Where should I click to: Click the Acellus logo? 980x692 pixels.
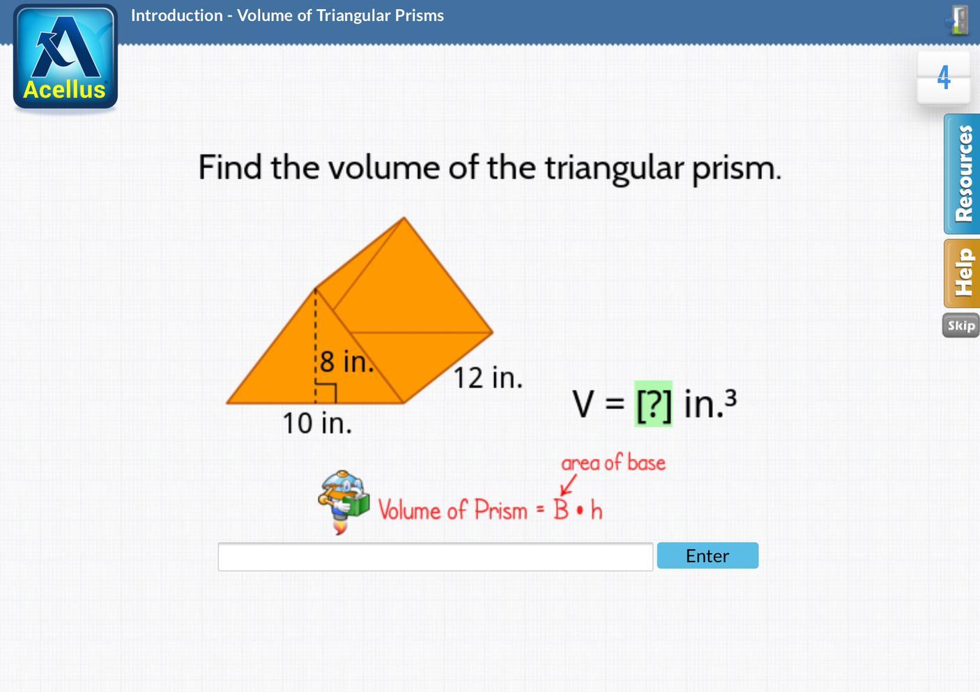pyautogui.click(x=66, y=57)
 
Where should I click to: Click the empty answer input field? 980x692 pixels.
pyautogui.click(x=436, y=556)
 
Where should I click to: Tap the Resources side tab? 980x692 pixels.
pyautogui.click(x=962, y=174)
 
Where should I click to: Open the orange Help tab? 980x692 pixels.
pyautogui.click(x=962, y=273)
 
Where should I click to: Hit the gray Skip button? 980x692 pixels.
pyautogui.click(x=961, y=325)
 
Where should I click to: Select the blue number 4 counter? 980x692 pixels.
pyautogui.click(x=944, y=77)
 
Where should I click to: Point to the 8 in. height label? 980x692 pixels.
pyautogui.click(x=347, y=361)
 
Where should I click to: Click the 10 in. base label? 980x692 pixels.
pyautogui.click(x=317, y=423)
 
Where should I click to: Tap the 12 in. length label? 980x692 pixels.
pyautogui.click(x=488, y=377)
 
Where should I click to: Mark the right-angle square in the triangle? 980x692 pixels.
pyautogui.click(x=326, y=393)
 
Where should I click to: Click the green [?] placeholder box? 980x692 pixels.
pyautogui.click(x=653, y=403)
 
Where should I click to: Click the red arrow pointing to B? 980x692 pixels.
pyautogui.click(x=568, y=486)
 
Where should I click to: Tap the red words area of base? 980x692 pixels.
pyautogui.click(x=613, y=463)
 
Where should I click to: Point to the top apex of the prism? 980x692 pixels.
pyautogui.click(x=404, y=217)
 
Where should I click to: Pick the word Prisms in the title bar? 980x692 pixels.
pyautogui.click(x=419, y=15)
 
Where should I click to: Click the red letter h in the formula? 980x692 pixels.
pyautogui.click(x=597, y=510)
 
